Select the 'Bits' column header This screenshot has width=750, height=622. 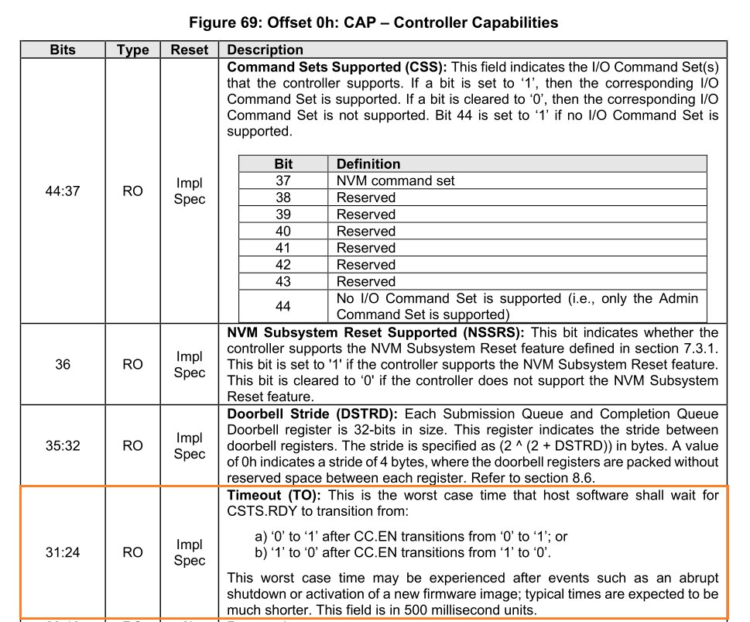(63, 50)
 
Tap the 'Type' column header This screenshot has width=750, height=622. (132, 50)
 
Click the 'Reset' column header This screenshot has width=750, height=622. (190, 50)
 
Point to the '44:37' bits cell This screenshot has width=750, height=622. (63, 190)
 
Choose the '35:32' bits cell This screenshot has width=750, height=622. (63, 446)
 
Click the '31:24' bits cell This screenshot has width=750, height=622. (63, 552)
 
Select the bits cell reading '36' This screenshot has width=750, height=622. (63, 364)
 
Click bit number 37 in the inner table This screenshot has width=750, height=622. (283, 180)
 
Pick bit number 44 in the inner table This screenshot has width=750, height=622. (283, 307)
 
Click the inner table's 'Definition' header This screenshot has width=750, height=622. (368, 164)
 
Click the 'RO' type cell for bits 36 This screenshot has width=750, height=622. (132, 364)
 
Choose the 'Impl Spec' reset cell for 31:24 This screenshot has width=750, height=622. (190, 552)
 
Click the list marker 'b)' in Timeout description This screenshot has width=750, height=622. (262, 552)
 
